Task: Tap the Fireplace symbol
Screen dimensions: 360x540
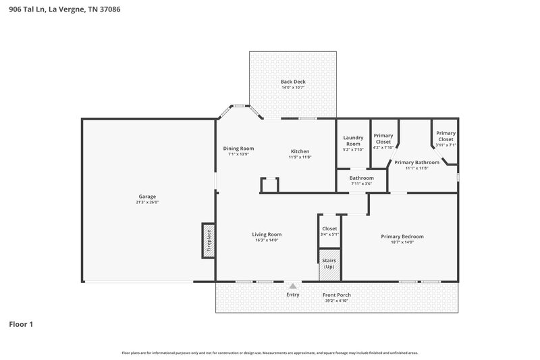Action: [208, 240]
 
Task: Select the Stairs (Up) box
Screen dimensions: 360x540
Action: [329, 264]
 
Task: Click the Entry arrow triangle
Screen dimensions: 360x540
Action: [292, 286]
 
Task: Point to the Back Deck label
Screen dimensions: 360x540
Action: [293, 82]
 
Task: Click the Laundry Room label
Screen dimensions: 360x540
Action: [353, 140]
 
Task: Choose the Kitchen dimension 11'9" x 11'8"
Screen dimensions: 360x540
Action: [300, 157]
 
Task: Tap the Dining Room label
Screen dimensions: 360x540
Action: [238, 149]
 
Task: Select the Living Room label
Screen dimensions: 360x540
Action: [267, 234]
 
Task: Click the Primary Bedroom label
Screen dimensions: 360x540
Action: [402, 236]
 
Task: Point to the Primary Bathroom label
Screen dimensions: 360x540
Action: [416, 162]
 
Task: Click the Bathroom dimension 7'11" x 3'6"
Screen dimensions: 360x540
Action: [361, 184]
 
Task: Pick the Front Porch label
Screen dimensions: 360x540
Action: [335, 295]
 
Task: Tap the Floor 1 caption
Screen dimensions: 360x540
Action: [21, 325]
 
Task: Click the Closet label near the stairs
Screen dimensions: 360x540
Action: [329, 228]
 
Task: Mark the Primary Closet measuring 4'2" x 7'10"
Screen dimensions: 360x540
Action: [383, 138]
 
